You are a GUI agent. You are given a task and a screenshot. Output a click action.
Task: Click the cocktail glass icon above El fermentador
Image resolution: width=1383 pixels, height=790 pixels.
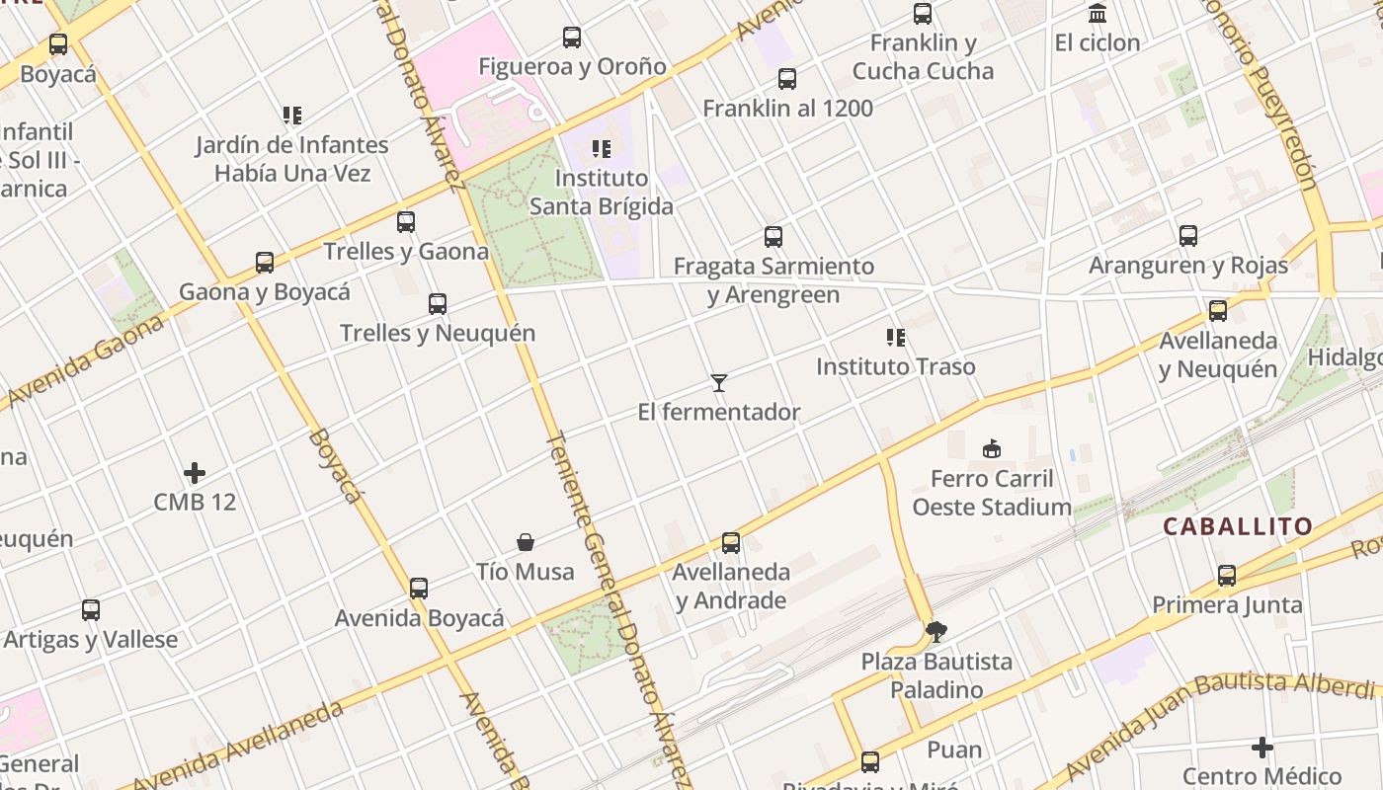coord(719,383)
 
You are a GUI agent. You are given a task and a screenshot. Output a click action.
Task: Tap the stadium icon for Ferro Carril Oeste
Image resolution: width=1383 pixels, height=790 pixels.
coord(992,449)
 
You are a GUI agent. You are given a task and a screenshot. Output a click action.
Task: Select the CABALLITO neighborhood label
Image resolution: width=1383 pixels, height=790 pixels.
coord(1238,526)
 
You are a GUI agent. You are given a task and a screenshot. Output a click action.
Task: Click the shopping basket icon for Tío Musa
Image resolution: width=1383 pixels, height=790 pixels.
coord(526,542)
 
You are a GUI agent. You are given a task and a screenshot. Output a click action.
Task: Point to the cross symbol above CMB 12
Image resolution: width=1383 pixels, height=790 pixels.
coord(195,473)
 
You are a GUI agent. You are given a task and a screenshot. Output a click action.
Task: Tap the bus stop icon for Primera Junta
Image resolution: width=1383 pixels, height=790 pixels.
coord(1227,576)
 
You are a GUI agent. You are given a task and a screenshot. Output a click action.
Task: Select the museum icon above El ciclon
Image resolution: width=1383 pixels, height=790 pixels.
coord(1098,14)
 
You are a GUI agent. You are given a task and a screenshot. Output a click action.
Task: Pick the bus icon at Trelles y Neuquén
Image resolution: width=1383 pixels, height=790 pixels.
coord(438,304)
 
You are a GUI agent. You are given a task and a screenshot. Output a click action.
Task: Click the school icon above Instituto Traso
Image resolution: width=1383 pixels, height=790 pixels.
coord(896,338)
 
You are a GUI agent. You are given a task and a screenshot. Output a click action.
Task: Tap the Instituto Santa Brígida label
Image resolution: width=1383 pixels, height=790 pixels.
coord(602,192)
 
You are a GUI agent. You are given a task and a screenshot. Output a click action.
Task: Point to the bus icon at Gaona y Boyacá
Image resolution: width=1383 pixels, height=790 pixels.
coord(265,263)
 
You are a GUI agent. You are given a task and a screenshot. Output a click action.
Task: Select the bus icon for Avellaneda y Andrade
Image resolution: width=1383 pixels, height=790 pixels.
coord(731,543)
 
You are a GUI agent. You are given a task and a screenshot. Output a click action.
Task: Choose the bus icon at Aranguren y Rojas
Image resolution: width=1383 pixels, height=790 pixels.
coord(1188,236)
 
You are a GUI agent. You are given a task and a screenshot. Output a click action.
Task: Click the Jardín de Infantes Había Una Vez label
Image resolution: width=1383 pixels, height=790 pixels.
coord(292,159)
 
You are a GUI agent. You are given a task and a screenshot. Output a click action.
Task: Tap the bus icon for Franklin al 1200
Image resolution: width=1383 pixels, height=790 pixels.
coord(787,79)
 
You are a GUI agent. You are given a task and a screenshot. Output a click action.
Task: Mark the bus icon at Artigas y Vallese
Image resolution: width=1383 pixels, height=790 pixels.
coord(91,610)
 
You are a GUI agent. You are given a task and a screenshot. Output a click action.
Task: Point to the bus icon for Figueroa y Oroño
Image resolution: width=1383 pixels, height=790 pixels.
coord(572,38)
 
